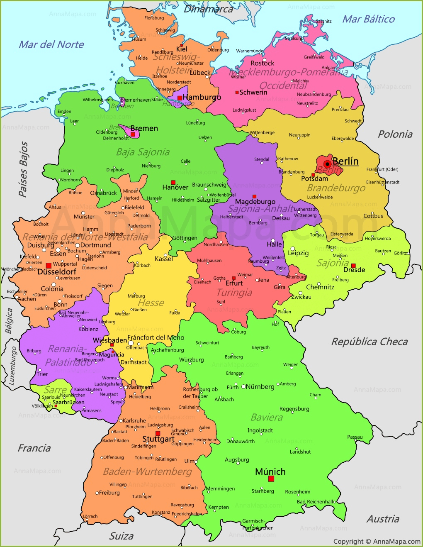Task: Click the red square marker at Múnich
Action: point(271,479)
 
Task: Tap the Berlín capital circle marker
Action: point(327,164)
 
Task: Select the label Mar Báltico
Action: point(368,19)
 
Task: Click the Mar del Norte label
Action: point(51,44)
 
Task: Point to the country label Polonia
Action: point(395,134)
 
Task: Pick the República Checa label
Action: point(369,342)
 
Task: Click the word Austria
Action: point(383,519)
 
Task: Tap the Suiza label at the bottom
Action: point(121,536)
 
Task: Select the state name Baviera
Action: point(266,418)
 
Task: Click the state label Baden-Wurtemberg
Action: point(147,471)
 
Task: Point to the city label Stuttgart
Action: point(158,439)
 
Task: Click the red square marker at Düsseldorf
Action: point(49,265)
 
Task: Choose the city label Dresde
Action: point(354,270)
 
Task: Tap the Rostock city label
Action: point(262,63)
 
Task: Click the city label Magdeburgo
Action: point(255,202)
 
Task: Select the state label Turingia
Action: point(234,293)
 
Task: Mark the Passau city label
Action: point(355,437)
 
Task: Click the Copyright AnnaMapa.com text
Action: point(377,541)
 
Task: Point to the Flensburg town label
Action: point(154,18)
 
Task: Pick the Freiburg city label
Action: point(109,493)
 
